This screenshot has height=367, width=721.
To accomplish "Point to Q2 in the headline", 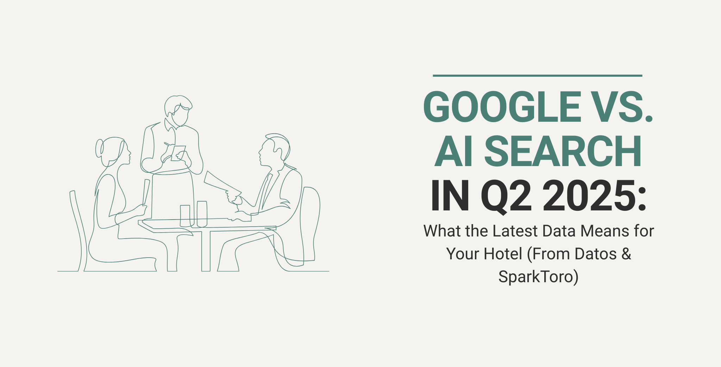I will (x=506, y=196).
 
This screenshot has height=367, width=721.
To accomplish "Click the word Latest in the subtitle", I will (x=515, y=231).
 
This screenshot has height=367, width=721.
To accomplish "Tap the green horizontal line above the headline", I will (x=537, y=75).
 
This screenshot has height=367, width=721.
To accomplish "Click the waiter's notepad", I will (x=178, y=153).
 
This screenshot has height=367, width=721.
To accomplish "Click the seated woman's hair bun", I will (x=99, y=148).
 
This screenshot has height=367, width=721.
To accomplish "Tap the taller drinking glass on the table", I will (x=202, y=214).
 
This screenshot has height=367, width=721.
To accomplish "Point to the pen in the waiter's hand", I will (x=167, y=144).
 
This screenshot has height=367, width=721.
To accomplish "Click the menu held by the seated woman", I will (x=146, y=191).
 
